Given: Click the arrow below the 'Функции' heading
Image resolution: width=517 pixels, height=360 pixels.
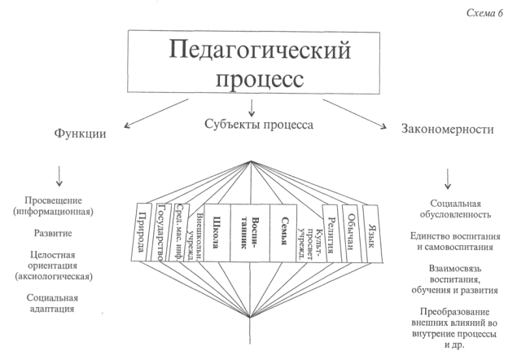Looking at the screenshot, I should [60, 174].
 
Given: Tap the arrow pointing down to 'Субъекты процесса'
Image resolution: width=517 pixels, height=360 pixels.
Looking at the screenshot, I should [254, 105].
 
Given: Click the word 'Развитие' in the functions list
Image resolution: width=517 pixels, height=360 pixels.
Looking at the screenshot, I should [61, 232].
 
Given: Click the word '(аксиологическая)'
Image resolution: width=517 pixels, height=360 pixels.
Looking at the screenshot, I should [61, 276].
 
